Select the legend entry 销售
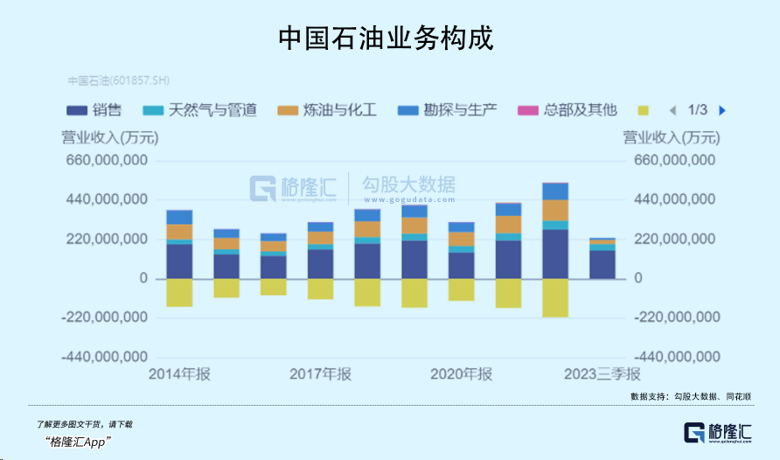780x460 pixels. click(94, 110)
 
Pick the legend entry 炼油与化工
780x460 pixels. click(327, 110)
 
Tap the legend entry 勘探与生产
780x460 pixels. click(448, 110)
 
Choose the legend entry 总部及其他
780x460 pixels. click(568, 110)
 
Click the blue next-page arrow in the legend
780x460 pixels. click(722, 110)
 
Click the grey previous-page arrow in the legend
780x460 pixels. click(672, 110)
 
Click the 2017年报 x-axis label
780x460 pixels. click(320, 374)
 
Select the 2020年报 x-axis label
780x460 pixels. click(461, 374)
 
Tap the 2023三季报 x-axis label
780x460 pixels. click(602, 374)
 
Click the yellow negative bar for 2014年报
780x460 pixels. click(179, 292)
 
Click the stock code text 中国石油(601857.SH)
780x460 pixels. click(119, 81)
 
